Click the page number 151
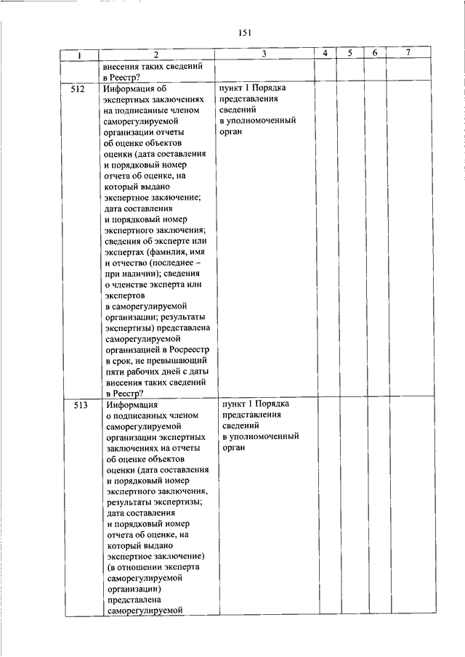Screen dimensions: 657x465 click(x=244, y=32)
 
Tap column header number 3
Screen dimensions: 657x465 click(x=264, y=54)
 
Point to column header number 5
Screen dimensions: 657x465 click(x=349, y=54)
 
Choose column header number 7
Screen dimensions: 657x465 click(x=408, y=54)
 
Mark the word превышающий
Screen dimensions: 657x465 click(x=180, y=360)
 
